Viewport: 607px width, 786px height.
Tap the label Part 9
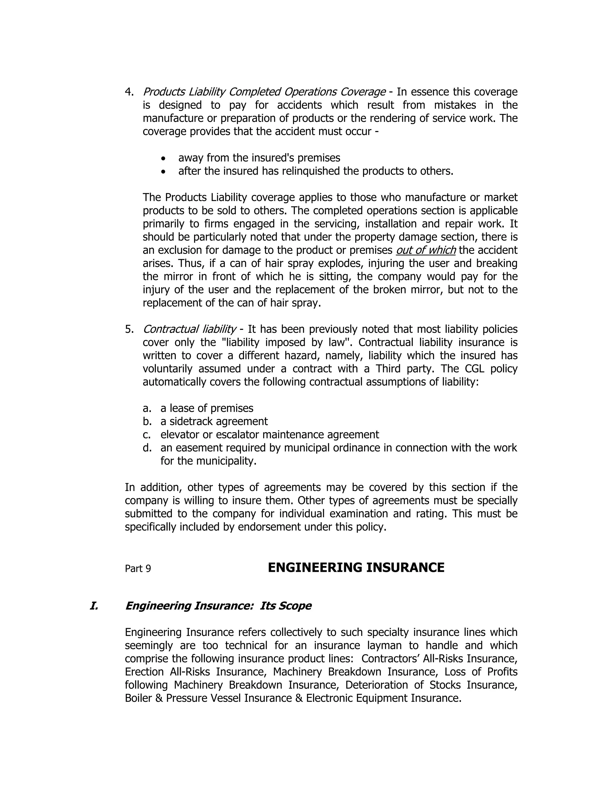click(x=138, y=569)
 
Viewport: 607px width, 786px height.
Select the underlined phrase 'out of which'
click(x=426, y=250)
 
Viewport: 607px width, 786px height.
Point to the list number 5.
click(x=129, y=329)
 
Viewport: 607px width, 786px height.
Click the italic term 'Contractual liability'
click(x=189, y=329)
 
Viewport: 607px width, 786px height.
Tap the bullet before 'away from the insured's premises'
click(x=164, y=158)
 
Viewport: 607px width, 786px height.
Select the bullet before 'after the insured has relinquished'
click(x=164, y=172)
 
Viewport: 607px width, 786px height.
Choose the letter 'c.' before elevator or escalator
click(x=146, y=435)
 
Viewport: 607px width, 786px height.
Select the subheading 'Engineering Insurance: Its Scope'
click(x=218, y=606)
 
